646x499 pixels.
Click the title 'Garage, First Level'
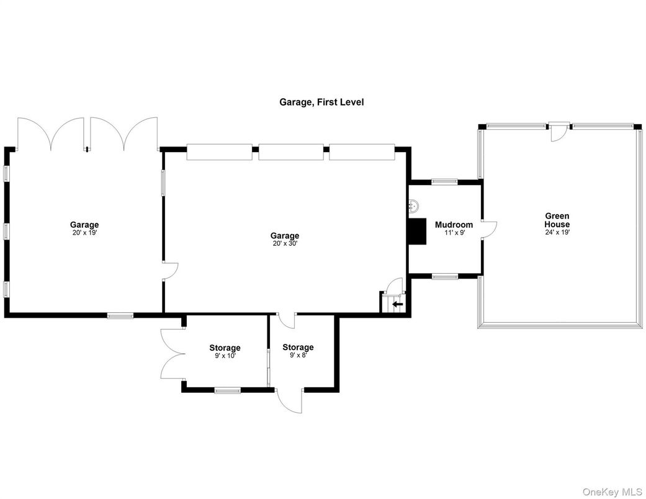click(x=321, y=102)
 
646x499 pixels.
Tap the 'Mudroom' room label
click(x=454, y=225)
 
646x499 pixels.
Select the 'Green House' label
click(x=557, y=220)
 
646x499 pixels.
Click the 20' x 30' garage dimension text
click(x=285, y=244)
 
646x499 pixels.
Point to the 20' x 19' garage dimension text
click(x=84, y=233)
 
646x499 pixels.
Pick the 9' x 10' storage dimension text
click(x=225, y=356)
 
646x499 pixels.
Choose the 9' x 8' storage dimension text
click(x=298, y=355)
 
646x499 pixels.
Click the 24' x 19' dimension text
click(x=557, y=232)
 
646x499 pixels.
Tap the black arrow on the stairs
click(x=397, y=304)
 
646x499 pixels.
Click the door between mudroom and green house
click(x=489, y=228)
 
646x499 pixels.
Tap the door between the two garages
click(x=170, y=271)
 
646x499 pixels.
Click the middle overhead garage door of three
click(x=290, y=152)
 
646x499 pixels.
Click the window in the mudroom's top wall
click(x=444, y=182)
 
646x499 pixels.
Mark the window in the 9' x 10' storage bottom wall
click(x=227, y=390)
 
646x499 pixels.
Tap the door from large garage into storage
click(x=286, y=319)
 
